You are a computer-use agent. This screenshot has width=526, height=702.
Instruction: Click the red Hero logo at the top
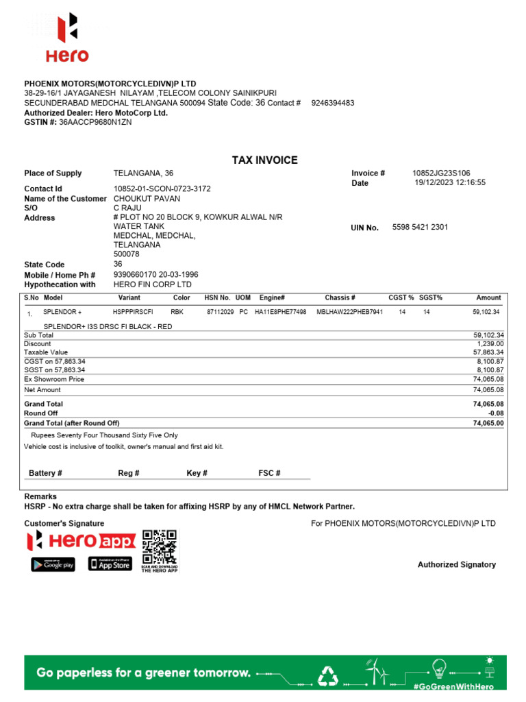click(66, 37)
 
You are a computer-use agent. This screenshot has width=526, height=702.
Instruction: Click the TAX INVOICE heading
click(264, 160)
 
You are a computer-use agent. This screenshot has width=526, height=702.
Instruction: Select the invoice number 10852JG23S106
click(441, 173)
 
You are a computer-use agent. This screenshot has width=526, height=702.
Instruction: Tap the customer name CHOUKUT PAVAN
click(147, 199)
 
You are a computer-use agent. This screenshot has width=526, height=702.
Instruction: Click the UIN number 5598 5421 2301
click(420, 227)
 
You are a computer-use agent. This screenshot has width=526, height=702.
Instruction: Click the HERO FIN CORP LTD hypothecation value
click(152, 285)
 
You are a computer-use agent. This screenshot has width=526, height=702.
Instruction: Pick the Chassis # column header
click(340, 298)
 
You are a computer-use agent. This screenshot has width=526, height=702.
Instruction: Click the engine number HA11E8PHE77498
click(280, 312)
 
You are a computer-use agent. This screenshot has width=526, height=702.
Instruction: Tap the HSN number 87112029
click(220, 312)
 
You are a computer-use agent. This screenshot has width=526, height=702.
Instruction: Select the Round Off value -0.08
click(495, 413)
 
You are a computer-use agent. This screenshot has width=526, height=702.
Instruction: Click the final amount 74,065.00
click(488, 423)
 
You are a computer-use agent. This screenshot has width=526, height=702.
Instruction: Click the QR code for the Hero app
click(159, 546)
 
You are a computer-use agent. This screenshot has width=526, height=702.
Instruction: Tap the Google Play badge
click(53, 564)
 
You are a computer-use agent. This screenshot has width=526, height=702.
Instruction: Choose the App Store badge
click(110, 564)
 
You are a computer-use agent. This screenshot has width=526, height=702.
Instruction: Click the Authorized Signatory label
click(456, 565)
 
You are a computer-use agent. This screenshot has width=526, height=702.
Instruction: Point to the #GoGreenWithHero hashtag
click(453, 686)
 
